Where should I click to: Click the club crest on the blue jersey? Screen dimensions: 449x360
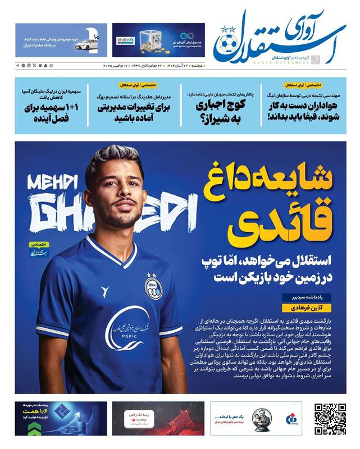point(152,286)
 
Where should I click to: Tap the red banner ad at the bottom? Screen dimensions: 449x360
point(139,418)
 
